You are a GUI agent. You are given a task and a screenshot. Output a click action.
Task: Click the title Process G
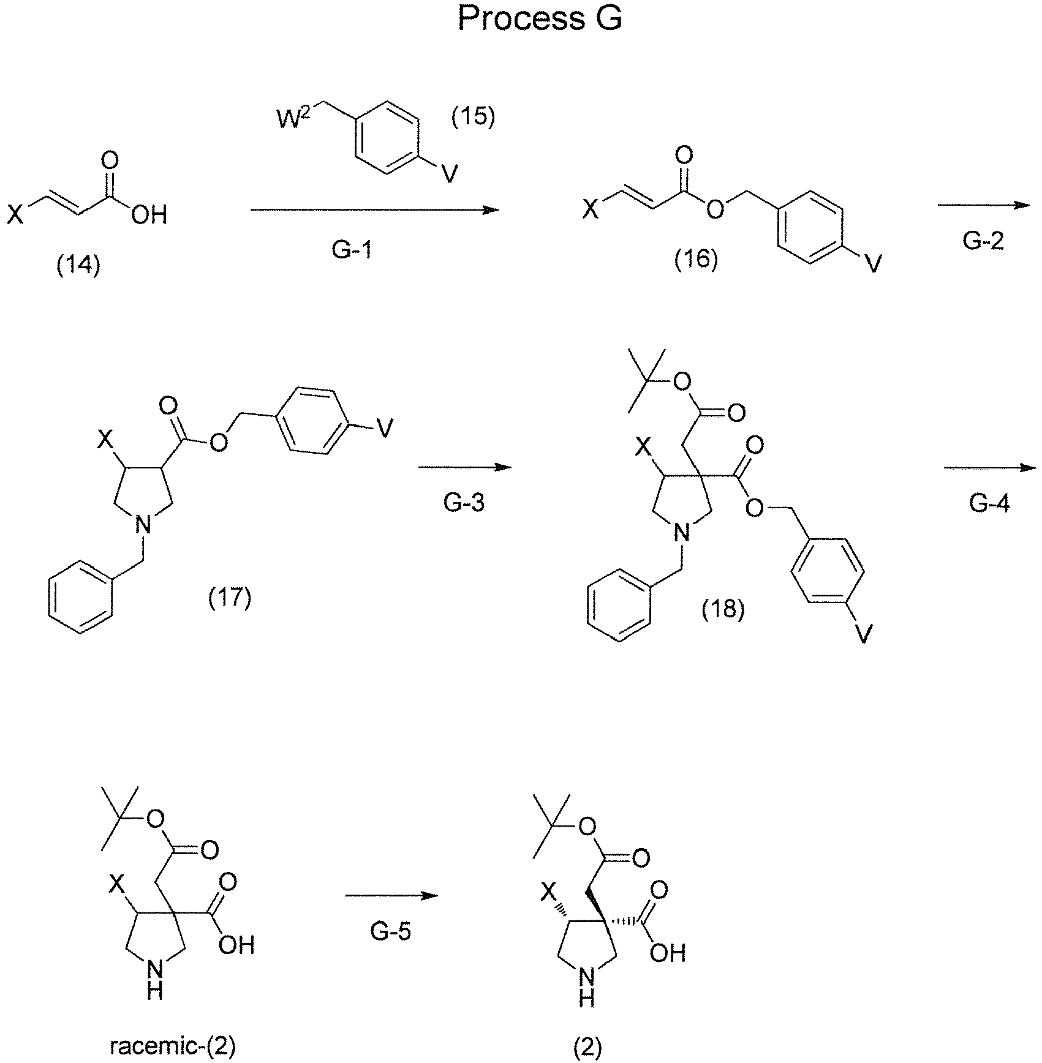tap(540, 19)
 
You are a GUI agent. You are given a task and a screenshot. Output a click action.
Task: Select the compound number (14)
tap(78, 268)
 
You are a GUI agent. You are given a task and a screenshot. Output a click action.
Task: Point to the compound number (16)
tap(696, 260)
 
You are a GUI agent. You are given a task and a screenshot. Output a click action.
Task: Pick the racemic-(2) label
tap(173, 1048)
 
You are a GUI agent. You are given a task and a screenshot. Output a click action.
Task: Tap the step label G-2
tap(984, 242)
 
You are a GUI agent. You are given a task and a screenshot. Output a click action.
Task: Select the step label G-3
tap(464, 503)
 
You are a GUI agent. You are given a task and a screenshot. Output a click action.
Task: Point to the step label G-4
tap(989, 503)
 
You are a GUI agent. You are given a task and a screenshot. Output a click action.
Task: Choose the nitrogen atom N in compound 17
tap(142, 525)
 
